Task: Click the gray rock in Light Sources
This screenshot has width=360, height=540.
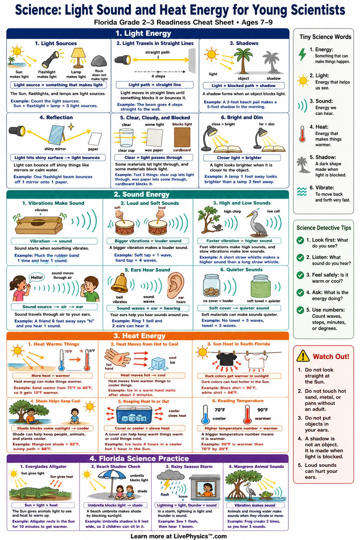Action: click(x=99, y=61)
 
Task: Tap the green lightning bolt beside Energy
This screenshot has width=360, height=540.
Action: click(x=302, y=54)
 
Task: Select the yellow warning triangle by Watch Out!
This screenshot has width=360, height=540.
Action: click(x=303, y=355)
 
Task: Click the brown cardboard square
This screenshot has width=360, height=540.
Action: click(x=182, y=137)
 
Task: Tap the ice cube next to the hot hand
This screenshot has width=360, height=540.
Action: click(x=158, y=364)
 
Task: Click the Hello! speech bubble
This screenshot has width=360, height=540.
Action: click(x=37, y=278)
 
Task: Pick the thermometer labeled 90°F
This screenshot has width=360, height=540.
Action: click(x=247, y=414)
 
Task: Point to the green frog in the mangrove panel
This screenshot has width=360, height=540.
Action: click(x=267, y=494)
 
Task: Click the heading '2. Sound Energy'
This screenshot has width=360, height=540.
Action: click(x=142, y=194)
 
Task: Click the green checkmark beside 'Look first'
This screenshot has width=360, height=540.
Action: click(x=300, y=240)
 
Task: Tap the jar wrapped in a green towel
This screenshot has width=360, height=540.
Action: click(x=261, y=287)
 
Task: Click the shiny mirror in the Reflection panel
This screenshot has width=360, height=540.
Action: click(x=56, y=135)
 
